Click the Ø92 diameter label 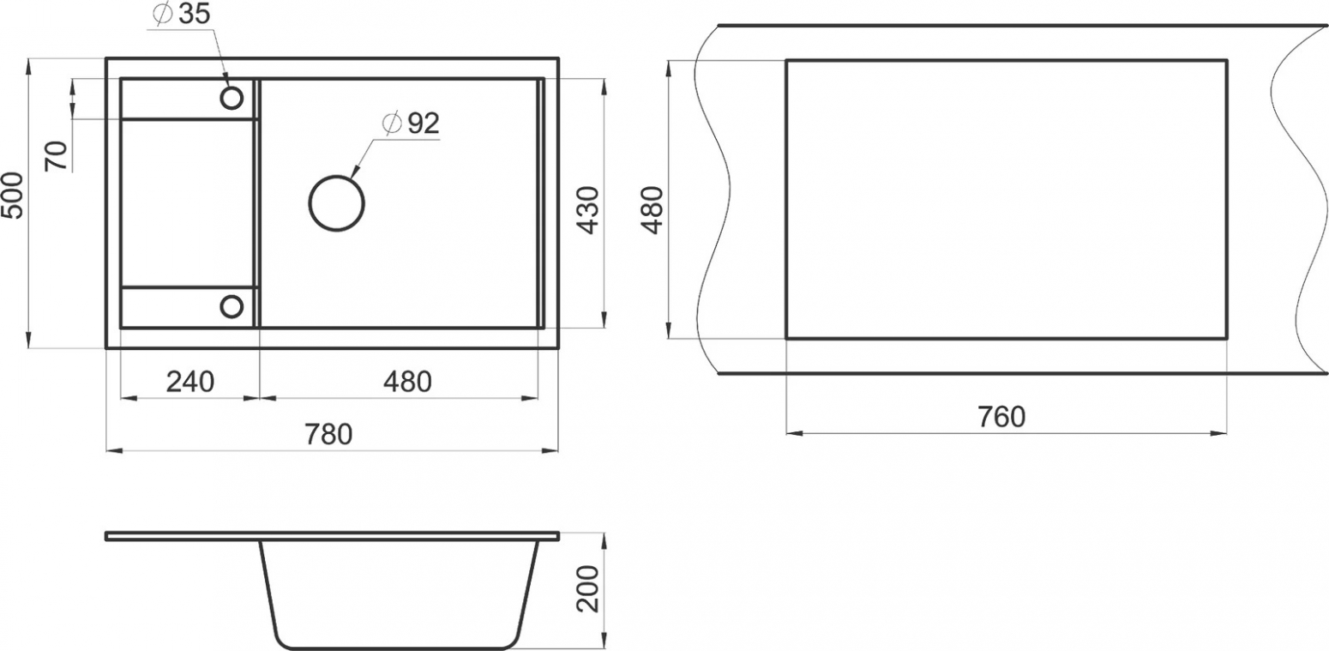(411, 123)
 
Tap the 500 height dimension (13, 196)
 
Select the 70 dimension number (57, 156)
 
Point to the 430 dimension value (588, 210)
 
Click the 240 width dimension (189, 382)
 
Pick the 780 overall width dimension (328, 434)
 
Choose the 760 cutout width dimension (1001, 417)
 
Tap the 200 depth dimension (588, 588)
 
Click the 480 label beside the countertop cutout (652, 210)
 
